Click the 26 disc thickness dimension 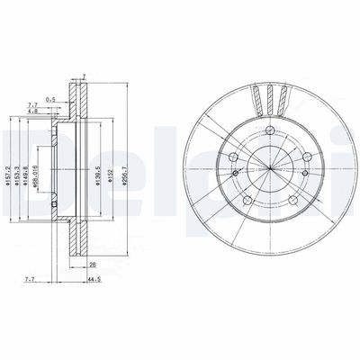[x=93, y=266]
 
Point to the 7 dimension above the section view [x=83, y=76]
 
